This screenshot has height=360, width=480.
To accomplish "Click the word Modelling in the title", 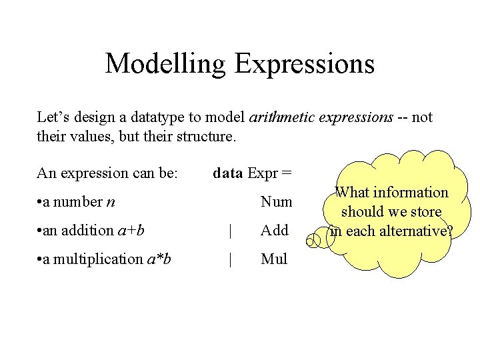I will [x=166, y=64].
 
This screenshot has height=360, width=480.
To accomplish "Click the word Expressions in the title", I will [x=304, y=64].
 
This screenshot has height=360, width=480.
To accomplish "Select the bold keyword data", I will [x=228, y=173].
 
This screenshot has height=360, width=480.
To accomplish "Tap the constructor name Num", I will [x=276, y=201].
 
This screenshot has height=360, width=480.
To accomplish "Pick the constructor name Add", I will [x=275, y=230].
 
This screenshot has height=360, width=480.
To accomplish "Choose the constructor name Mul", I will [x=274, y=259].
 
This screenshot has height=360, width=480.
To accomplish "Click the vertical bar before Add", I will [x=230, y=230].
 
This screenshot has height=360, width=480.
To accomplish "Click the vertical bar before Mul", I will [x=230, y=259].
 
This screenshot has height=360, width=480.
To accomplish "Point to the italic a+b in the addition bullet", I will [x=131, y=231].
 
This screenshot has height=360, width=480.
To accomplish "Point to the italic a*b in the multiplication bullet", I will [x=157, y=259].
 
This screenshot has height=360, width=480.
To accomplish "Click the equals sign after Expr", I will [x=286, y=173].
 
